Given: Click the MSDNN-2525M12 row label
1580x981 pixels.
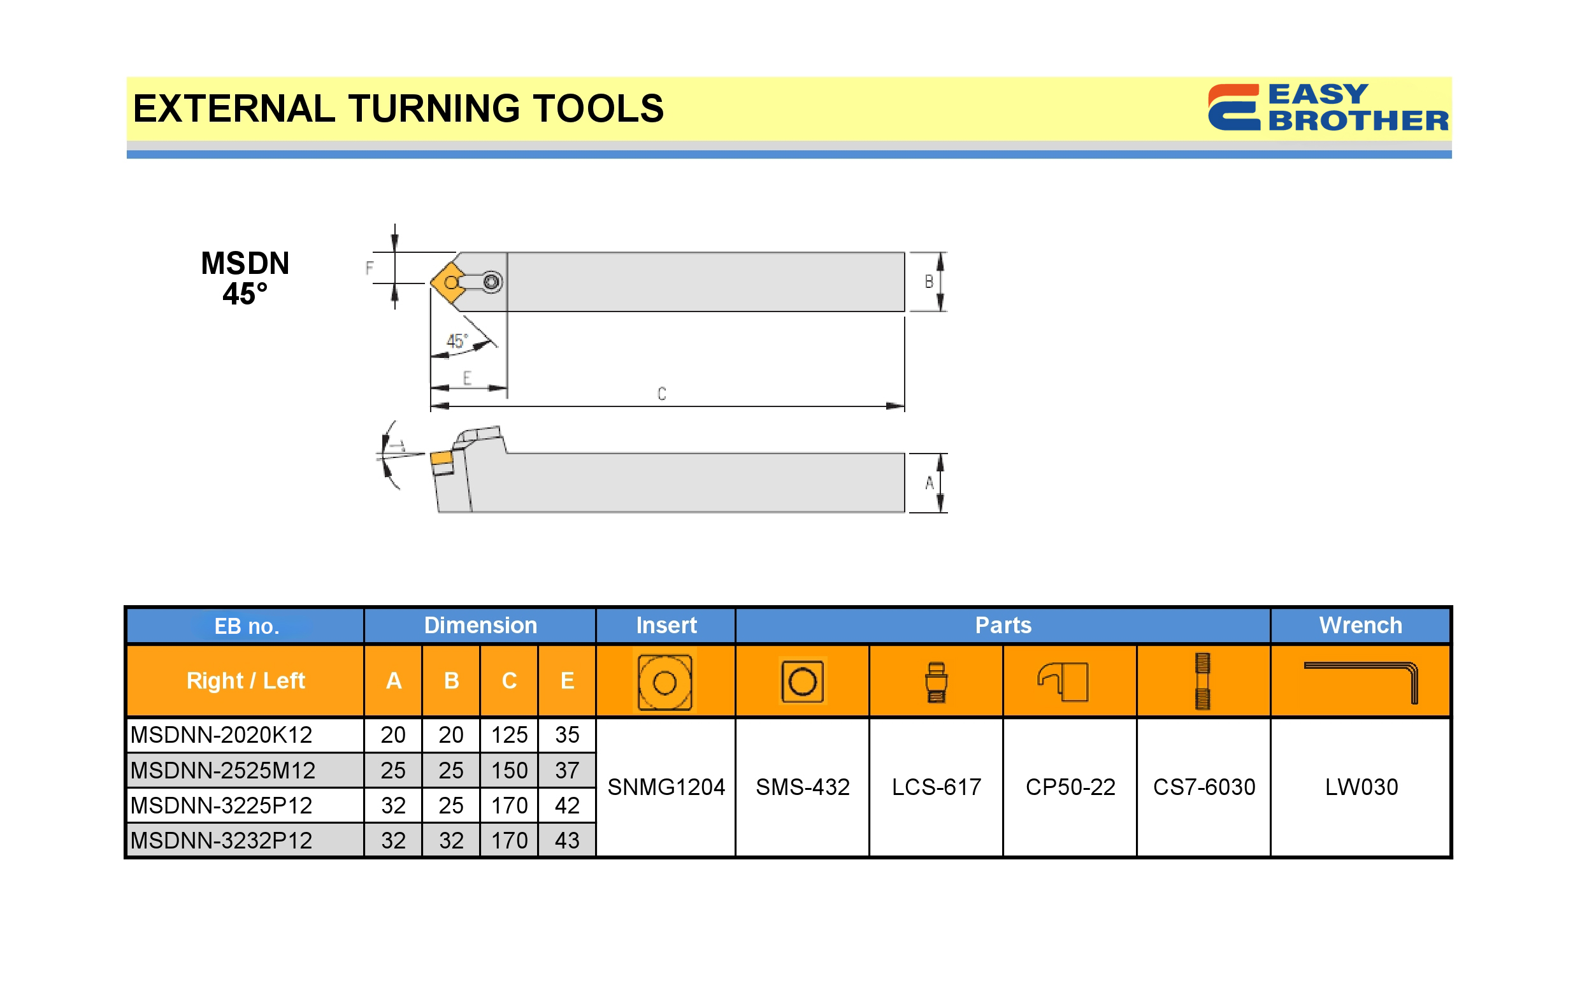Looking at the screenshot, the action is click(222, 770).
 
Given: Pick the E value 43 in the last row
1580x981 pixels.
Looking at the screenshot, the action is click(566, 841).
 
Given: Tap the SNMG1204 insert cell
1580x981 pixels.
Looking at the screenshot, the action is click(666, 787).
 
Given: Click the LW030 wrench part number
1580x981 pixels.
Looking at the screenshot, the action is click(1361, 787).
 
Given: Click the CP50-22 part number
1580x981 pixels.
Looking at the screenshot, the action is click(1070, 787).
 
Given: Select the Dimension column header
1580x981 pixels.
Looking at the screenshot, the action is click(480, 626).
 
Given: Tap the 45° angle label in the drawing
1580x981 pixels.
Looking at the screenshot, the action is click(457, 341).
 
